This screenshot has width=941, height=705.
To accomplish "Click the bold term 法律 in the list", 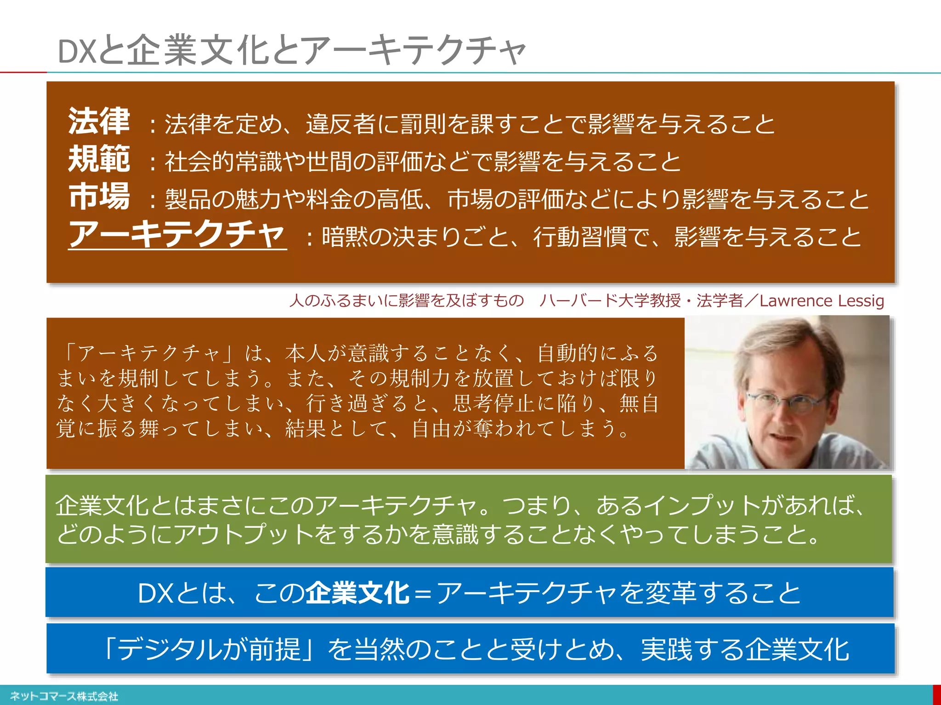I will tap(99, 122).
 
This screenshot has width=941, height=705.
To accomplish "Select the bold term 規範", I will tap(99, 159).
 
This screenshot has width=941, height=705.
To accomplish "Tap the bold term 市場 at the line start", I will tap(99, 197).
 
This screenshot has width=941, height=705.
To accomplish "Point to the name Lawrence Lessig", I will tap(822, 301).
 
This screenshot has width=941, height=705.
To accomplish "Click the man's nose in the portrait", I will tap(781, 415).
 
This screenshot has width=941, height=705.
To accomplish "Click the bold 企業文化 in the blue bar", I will tap(357, 593).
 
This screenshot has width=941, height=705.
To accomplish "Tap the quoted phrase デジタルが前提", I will tap(209, 649).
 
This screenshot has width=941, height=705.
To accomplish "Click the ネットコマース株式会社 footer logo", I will tap(64, 696).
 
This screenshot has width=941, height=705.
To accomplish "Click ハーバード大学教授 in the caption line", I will tap(610, 301).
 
